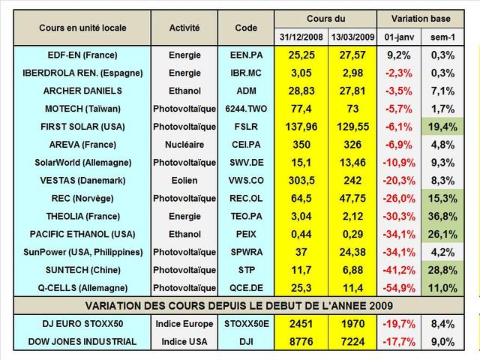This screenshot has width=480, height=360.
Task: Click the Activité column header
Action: [x=184, y=28]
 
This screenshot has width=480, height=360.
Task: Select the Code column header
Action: [x=245, y=28]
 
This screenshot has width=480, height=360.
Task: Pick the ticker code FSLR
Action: [x=245, y=127]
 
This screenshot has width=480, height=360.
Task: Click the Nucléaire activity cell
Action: [x=184, y=145]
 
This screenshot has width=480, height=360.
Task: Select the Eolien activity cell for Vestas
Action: [x=184, y=181]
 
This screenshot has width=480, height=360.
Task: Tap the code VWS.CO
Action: [x=245, y=181]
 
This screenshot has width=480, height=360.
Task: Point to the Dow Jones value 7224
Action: [x=355, y=341]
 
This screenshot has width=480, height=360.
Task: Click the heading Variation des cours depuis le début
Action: [x=240, y=305]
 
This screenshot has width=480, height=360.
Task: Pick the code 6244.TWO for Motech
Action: [x=245, y=109]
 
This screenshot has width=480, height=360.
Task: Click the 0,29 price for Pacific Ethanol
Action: [x=355, y=234]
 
